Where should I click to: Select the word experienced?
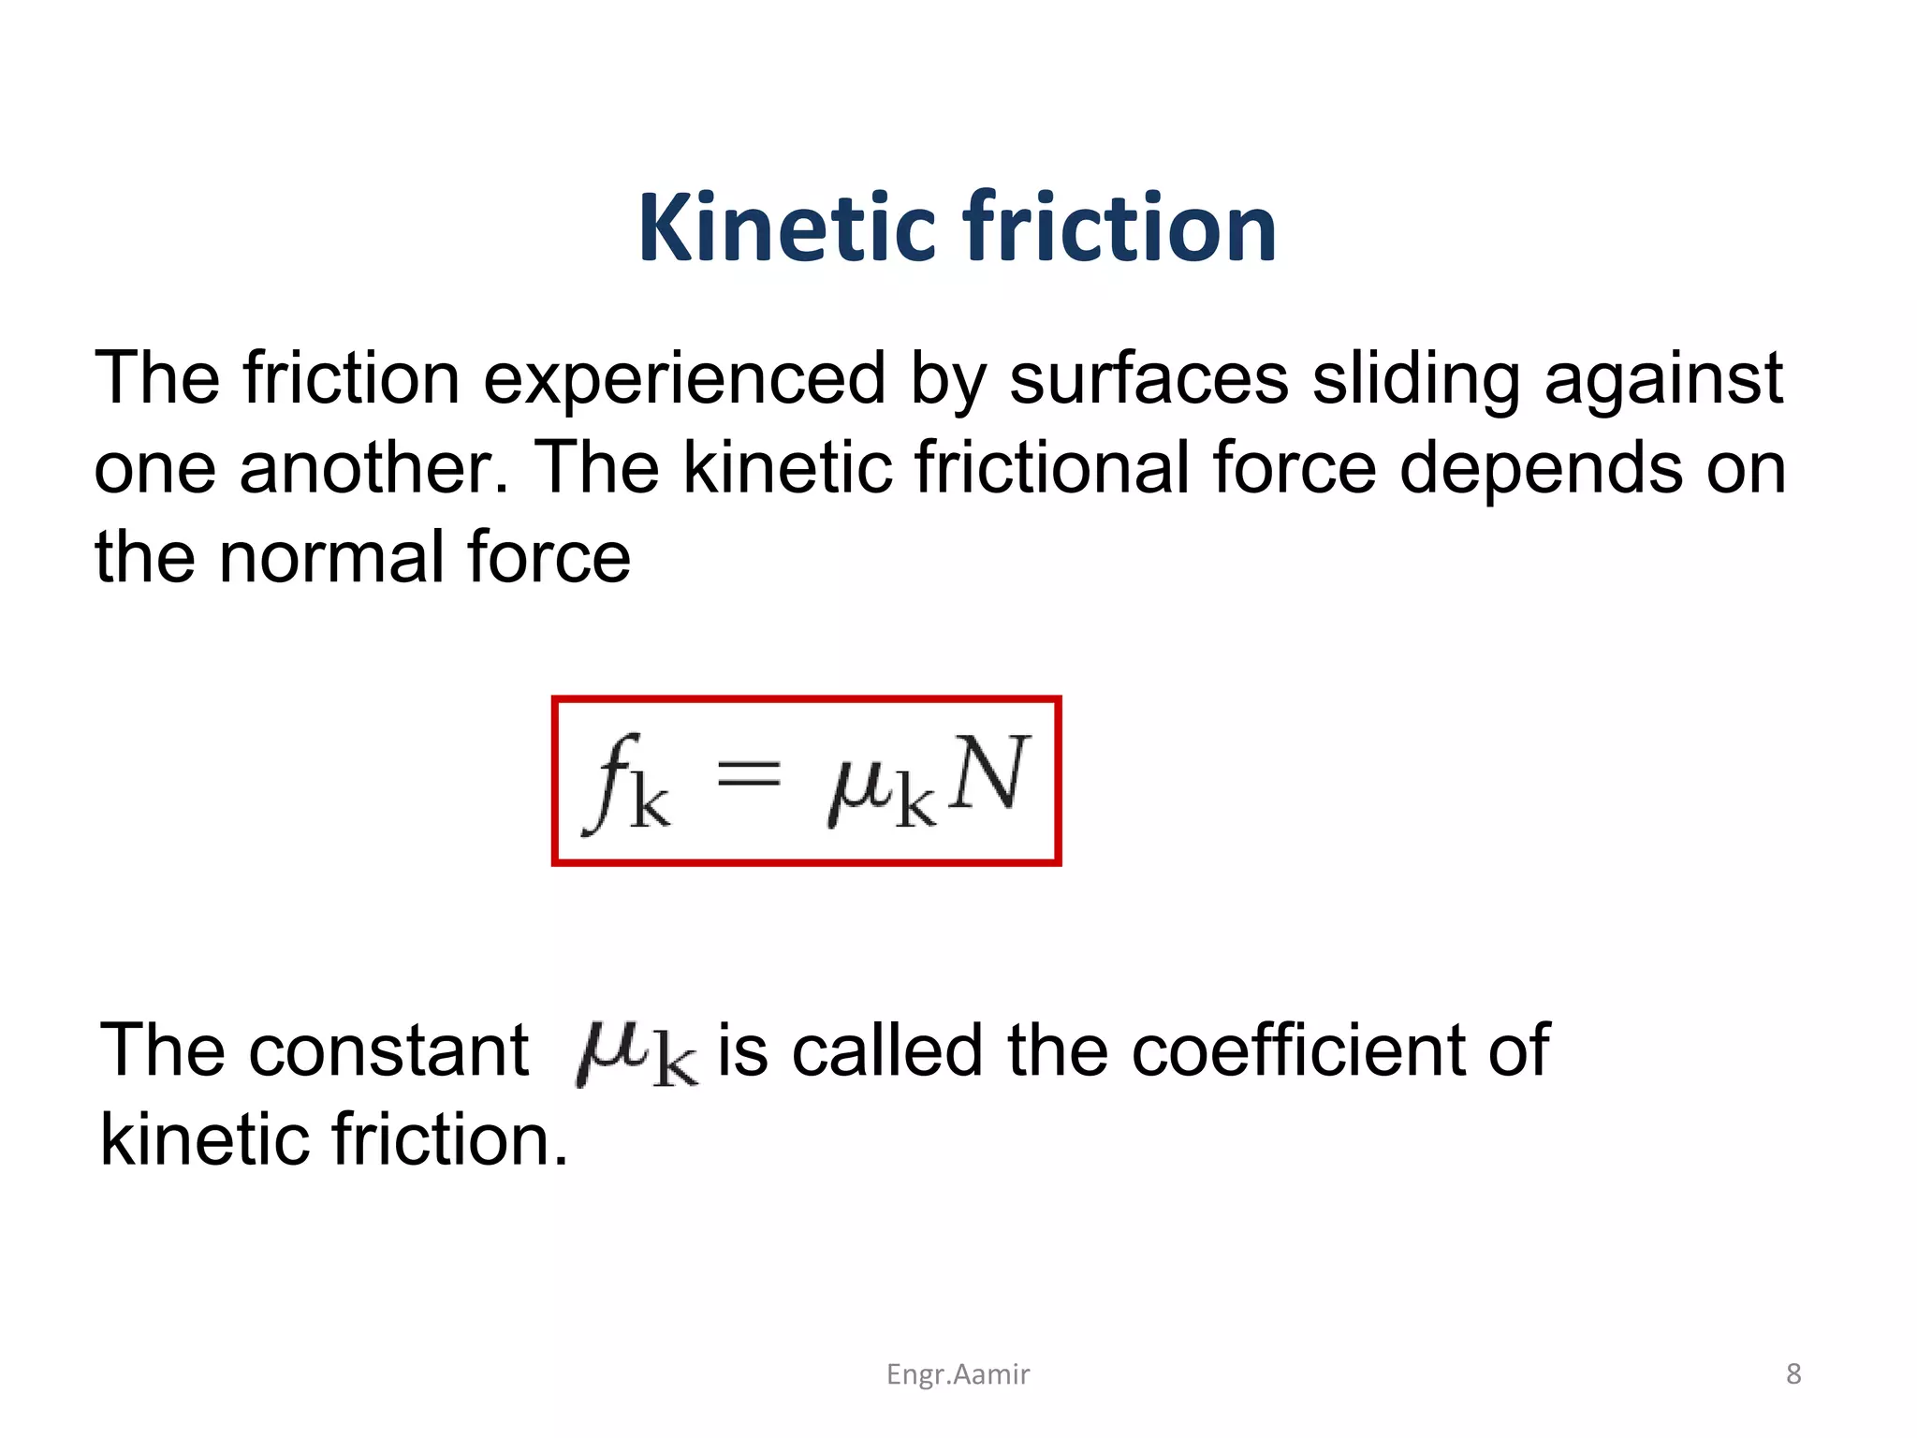(x=683, y=379)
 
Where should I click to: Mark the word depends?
(x=1541, y=469)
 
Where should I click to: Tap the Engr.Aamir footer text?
(x=958, y=1374)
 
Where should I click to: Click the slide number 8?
(x=1793, y=1373)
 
